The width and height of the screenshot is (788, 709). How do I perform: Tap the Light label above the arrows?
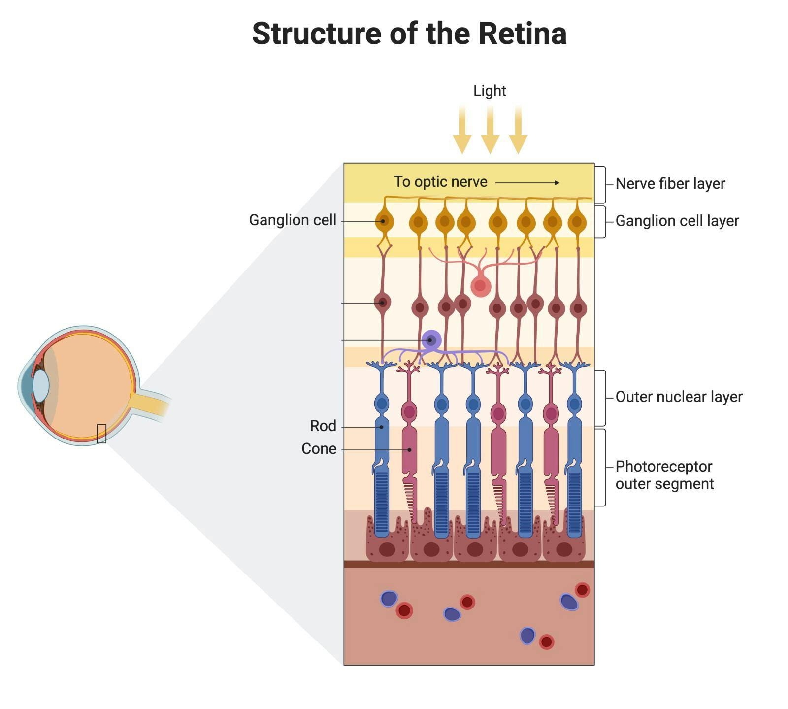click(x=489, y=91)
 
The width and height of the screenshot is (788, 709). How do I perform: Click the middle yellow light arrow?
click(x=490, y=131)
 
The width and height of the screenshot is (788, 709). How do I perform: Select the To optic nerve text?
click(x=440, y=182)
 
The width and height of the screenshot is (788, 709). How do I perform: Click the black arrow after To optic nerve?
click(x=527, y=183)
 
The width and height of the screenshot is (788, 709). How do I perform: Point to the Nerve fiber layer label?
click(x=670, y=184)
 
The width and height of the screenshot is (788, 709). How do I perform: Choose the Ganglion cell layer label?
click(x=677, y=221)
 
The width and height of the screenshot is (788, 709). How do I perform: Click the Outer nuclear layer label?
click(x=679, y=397)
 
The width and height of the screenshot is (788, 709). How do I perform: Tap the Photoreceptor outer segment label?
click(x=664, y=475)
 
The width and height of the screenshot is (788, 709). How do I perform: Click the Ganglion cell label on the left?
click(x=293, y=220)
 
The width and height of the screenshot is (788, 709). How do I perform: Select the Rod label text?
click(x=323, y=426)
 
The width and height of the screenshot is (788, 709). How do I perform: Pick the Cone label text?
click(x=319, y=449)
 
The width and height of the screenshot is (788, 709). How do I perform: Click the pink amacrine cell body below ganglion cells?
click(x=480, y=286)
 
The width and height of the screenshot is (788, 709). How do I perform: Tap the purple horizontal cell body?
click(x=431, y=340)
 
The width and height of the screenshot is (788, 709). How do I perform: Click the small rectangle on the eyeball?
click(x=101, y=434)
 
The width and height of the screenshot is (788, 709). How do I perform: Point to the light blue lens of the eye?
click(x=41, y=385)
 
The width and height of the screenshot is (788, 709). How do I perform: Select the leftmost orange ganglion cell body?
click(x=384, y=222)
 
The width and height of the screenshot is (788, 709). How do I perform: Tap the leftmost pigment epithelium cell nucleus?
click(x=387, y=549)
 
